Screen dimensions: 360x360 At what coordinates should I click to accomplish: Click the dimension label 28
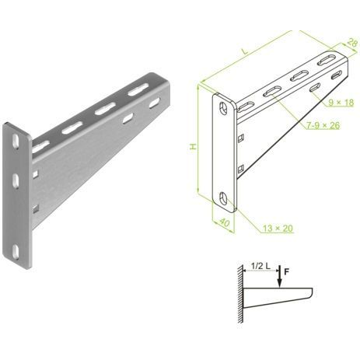(352, 43)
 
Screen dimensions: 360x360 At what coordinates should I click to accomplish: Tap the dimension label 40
(225, 222)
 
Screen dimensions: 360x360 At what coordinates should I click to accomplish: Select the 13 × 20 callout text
(278, 229)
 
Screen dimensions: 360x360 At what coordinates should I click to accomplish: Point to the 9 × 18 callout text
(341, 103)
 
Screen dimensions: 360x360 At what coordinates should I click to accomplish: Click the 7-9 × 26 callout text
(323, 125)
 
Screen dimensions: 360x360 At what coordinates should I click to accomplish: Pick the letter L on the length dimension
(245, 51)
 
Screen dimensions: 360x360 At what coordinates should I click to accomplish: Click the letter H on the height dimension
(193, 147)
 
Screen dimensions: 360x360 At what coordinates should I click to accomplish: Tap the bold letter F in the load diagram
(286, 272)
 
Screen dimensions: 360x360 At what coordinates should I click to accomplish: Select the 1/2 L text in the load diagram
(260, 266)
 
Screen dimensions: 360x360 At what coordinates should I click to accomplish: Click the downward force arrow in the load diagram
(279, 277)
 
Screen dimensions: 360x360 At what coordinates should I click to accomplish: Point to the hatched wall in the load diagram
(240, 294)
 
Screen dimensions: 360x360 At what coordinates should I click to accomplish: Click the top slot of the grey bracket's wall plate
(16, 142)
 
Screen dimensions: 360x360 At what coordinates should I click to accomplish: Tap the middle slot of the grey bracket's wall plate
(16, 180)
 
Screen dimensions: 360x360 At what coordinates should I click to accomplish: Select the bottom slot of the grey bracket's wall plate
(16, 252)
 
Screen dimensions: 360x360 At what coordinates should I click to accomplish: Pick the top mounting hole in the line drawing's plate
(223, 108)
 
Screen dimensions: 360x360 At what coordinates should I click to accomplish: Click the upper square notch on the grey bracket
(35, 174)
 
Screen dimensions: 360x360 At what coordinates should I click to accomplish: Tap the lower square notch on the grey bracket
(35, 208)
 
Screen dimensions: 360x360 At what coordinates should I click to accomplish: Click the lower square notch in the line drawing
(241, 169)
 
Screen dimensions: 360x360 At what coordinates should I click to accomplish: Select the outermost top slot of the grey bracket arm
(138, 89)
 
